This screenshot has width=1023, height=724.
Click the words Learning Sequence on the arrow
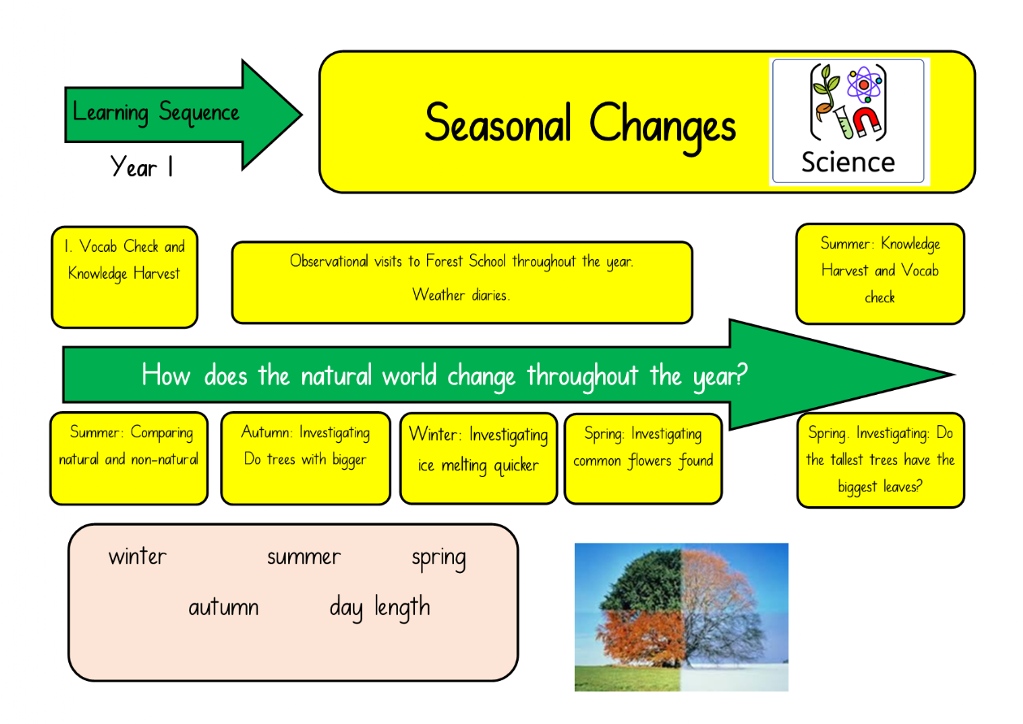point(156,112)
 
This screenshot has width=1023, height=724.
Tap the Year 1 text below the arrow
point(141,167)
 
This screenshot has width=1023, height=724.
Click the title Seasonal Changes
point(580,126)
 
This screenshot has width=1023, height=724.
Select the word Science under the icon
point(848,163)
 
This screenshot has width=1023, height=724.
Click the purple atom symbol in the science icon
point(864,85)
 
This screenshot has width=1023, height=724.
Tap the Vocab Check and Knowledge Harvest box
point(125,277)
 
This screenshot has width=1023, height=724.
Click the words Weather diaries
point(461,295)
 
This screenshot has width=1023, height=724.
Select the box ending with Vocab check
point(880,274)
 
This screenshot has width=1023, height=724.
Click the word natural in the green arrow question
point(335,375)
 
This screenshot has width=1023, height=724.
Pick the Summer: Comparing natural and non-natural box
point(129,458)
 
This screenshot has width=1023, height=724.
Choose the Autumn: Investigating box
point(305,458)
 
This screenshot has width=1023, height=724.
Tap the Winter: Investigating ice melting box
point(479,458)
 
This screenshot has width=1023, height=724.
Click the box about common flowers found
point(643,459)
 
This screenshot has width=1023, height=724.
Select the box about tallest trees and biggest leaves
point(880,460)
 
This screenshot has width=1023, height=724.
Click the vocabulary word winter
point(137,557)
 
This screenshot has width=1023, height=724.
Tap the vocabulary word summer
point(304,557)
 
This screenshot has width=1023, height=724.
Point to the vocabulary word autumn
point(223,608)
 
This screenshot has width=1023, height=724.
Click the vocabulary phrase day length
point(380,608)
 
